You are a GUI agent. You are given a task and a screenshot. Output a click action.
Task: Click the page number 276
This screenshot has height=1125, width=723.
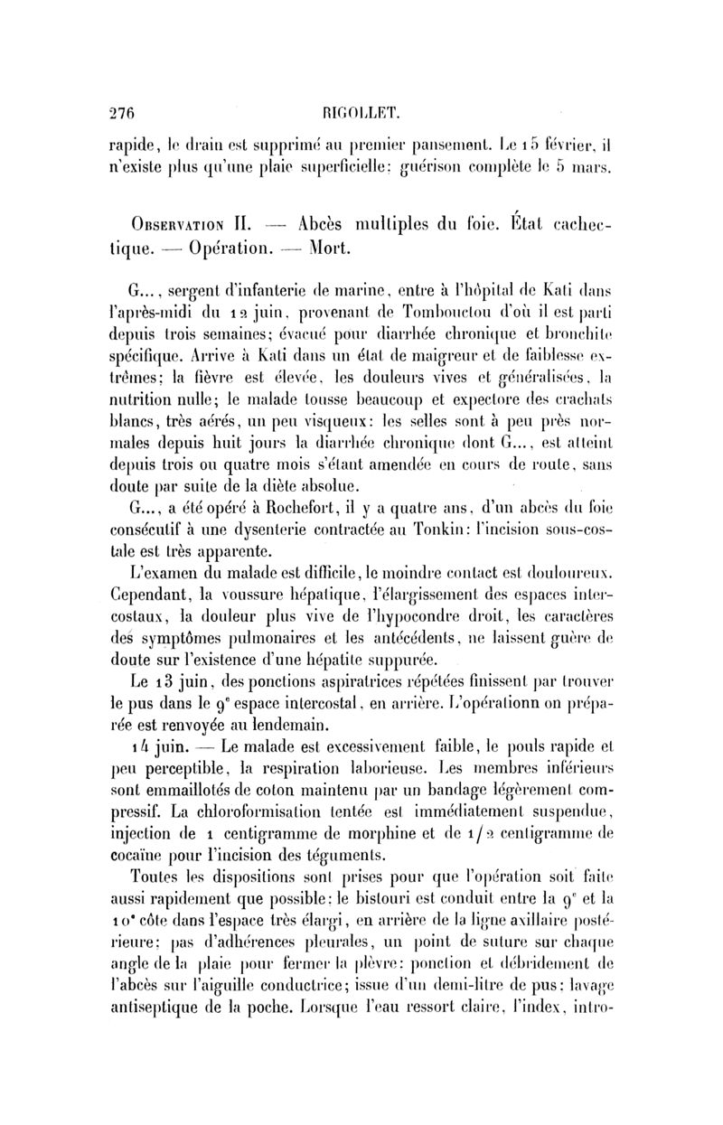pos(120,115)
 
